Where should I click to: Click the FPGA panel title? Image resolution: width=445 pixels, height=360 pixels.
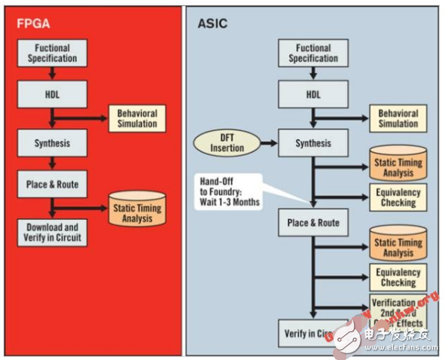[34, 23]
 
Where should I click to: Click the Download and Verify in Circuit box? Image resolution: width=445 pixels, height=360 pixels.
[52, 231]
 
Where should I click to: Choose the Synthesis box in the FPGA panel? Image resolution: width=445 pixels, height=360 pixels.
[52, 143]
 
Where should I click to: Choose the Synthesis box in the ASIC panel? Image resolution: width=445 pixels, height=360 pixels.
[313, 143]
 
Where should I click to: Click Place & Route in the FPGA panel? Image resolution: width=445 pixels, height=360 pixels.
[52, 184]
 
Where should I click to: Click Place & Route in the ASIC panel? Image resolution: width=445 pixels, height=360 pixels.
[313, 223]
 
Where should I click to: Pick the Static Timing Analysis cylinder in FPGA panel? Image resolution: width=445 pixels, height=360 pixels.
[136, 209]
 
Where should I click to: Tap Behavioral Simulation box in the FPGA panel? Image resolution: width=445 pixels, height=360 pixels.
[136, 118]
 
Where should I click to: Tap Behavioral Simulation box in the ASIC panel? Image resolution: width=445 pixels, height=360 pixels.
[398, 118]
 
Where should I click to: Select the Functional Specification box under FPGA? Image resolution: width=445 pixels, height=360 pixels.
[52, 53]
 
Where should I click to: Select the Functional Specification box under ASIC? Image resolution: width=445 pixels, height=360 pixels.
[313, 53]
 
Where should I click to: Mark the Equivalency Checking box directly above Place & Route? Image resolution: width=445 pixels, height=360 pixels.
[398, 197]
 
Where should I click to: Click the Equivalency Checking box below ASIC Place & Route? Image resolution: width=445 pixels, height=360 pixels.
[398, 278]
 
